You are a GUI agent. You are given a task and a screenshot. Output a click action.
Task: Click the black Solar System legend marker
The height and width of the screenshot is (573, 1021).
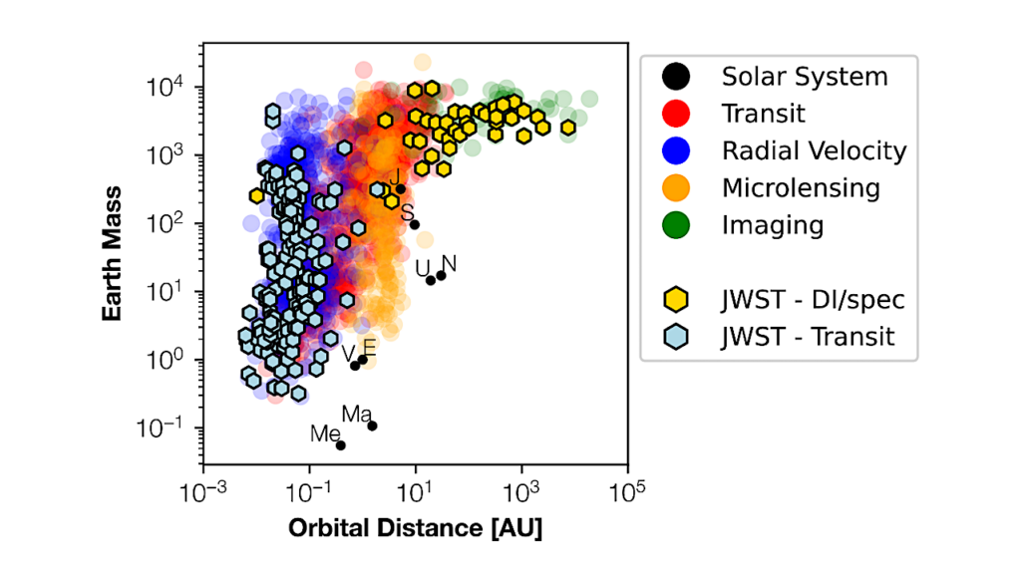pyautogui.click(x=676, y=76)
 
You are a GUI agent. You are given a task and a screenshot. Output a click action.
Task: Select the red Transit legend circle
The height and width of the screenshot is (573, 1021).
pyautogui.click(x=676, y=113)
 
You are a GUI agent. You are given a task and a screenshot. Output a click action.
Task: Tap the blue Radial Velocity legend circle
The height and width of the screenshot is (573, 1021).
pyautogui.click(x=676, y=150)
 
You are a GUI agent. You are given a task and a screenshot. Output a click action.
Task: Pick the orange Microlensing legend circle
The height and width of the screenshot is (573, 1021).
pyautogui.click(x=676, y=187)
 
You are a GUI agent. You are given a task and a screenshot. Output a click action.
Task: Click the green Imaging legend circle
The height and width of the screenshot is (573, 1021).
pyautogui.click(x=676, y=224)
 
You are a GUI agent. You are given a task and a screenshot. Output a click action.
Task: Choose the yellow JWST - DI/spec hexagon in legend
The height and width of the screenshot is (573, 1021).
pyautogui.click(x=676, y=299)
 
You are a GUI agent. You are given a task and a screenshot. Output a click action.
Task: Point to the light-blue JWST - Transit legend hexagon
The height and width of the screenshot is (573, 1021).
pyautogui.click(x=676, y=337)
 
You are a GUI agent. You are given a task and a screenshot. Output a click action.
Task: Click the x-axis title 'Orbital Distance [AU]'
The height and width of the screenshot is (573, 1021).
pyautogui.click(x=416, y=527)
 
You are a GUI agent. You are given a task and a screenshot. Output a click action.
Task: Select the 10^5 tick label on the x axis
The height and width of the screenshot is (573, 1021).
pyautogui.click(x=627, y=492)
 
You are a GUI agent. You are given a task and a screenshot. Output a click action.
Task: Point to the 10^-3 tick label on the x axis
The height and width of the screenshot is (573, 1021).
pyautogui.click(x=203, y=492)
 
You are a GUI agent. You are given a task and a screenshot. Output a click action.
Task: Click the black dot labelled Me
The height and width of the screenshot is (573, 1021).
pyautogui.click(x=340, y=444)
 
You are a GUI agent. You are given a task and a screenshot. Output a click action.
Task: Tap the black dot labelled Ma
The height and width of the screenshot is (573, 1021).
pyautogui.click(x=372, y=426)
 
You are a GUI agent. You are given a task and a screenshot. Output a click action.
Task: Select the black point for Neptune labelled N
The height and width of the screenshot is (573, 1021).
pyautogui.click(x=441, y=276)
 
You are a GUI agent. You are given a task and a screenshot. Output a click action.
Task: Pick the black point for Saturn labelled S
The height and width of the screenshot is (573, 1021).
pyautogui.click(x=415, y=224)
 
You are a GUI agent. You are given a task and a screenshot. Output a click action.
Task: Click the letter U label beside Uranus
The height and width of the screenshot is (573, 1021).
pyautogui.click(x=422, y=267)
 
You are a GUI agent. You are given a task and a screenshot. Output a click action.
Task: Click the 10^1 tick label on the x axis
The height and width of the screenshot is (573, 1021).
pyautogui.click(x=415, y=492)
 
